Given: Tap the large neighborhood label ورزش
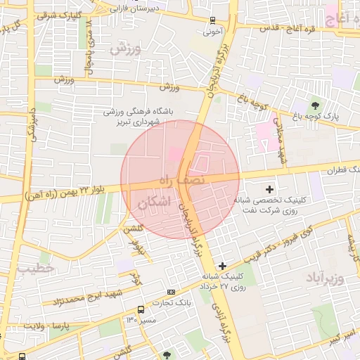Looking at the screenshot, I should [x=126, y=49].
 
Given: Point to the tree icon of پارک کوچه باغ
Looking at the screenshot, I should [x=314, y=105].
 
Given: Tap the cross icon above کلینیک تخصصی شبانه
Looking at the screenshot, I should [x=269, y=188].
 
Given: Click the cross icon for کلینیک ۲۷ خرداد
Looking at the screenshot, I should [x=223, y=265].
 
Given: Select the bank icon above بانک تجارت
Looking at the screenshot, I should [x=170, y=292].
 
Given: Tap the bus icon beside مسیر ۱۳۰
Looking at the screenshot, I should [x=141, y=309].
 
